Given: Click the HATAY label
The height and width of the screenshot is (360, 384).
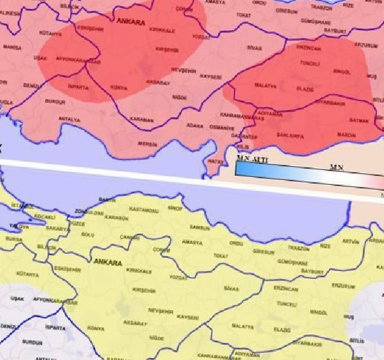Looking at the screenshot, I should (x=215, y=161).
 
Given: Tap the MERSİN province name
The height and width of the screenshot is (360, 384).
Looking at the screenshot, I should (x=148, y=144).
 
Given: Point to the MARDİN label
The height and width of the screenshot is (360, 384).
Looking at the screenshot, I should (x=346, y=136).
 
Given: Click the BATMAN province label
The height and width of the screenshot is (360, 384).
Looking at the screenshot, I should (x=358, y=121).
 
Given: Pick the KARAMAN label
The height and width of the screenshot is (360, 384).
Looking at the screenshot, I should (x=142, y=119).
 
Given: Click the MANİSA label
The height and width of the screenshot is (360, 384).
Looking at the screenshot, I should (x=12, y=47).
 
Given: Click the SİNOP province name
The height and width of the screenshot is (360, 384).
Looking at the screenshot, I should (x=175, y=208).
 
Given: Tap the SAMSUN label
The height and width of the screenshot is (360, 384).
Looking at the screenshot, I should (x=200, y=228).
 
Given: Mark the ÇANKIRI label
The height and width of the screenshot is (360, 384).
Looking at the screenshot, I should (x=130, y=238).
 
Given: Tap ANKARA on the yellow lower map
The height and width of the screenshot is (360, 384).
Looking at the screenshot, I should (x=107, y=263).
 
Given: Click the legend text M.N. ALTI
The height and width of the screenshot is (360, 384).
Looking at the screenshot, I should (x=251, y=158).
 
